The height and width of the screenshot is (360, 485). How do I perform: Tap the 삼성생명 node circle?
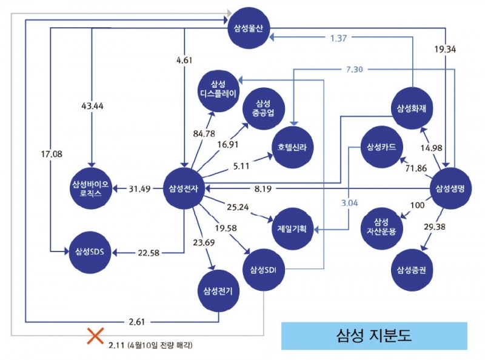450,188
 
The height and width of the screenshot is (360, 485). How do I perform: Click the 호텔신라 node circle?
293,147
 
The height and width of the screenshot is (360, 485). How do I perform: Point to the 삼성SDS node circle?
90,252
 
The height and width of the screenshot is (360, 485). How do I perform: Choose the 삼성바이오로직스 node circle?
90,188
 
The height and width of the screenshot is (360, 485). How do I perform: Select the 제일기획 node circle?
292,230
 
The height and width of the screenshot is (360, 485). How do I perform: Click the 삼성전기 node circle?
219,290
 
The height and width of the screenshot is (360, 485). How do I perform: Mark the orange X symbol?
94,336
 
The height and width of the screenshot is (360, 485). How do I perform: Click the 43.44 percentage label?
91,105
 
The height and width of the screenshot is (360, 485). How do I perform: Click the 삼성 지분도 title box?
374,335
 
